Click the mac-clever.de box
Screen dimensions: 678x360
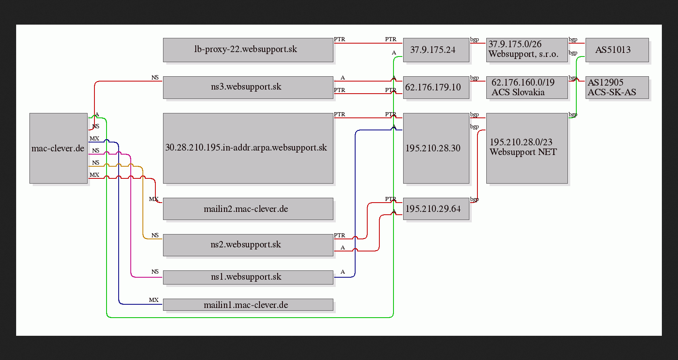[59, 149]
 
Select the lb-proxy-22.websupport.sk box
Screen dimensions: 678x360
[248, 50]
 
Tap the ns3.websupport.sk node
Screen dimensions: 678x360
[248, 88]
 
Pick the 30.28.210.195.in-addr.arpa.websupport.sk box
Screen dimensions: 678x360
[248, 149]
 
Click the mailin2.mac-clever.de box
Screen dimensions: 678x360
[248, 209]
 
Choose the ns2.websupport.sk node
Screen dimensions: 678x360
[248, 245]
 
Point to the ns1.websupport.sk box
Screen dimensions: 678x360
[248, 277]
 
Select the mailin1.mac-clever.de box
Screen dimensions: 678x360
[248, 305]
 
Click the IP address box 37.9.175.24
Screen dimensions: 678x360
[436, 50]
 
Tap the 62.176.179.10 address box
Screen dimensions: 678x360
[436, 88]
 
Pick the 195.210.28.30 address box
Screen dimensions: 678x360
[436, 149]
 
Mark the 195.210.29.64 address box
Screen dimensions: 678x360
[436, 209]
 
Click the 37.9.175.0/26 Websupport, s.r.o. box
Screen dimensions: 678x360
[527, 50]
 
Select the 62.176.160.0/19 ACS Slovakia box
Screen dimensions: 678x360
[527, 88]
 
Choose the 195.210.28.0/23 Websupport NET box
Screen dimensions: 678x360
[527, 149]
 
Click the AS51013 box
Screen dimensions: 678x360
[617, 50]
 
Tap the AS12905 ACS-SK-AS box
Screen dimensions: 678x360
[617, 88]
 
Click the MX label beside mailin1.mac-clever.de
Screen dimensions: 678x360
[154, 300]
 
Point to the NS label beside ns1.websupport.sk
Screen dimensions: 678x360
[155, 272]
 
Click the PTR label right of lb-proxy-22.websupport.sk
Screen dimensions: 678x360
[339, 39]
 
